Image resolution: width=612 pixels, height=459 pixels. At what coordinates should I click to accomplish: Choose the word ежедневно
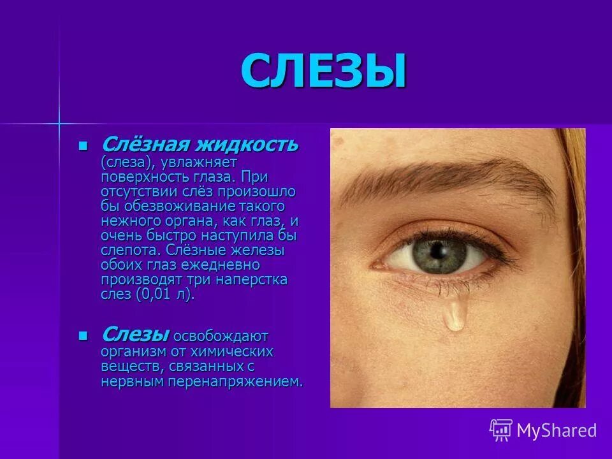222,265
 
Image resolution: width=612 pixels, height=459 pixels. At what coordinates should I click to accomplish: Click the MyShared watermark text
557,430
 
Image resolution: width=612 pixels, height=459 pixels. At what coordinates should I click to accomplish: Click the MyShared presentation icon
500,430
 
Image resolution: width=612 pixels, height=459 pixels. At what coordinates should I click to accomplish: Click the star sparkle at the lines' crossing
58,121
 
